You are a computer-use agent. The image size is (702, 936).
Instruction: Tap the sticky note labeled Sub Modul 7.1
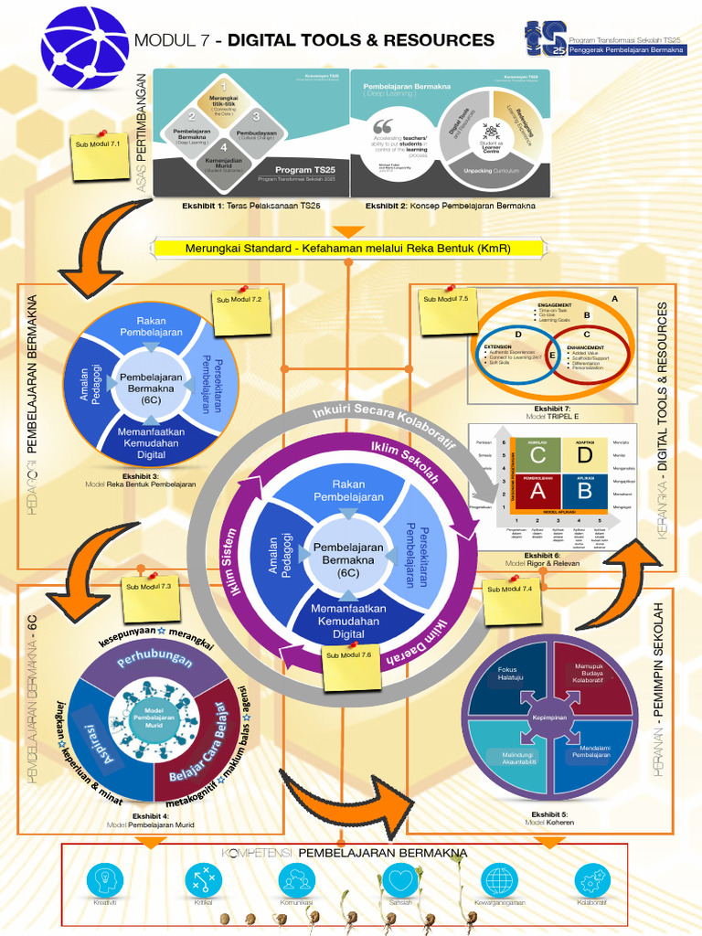[x=101, y=154]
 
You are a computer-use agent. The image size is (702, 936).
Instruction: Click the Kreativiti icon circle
[x=105, y=881]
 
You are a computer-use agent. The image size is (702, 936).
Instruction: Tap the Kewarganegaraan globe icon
[x=498, y=881]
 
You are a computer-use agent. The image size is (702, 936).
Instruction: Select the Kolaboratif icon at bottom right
[x=591, y=881]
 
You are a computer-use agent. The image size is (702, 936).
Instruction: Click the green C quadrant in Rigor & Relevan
[x=538, y=454]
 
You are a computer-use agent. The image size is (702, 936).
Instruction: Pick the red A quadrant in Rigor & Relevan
[x=538, y=491]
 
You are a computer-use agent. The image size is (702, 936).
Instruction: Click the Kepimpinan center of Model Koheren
[x=550, y=718]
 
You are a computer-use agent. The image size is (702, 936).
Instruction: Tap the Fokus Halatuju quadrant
[x=507, y=677]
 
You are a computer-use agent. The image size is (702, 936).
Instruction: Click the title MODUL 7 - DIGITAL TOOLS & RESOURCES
[x=314, y=40]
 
